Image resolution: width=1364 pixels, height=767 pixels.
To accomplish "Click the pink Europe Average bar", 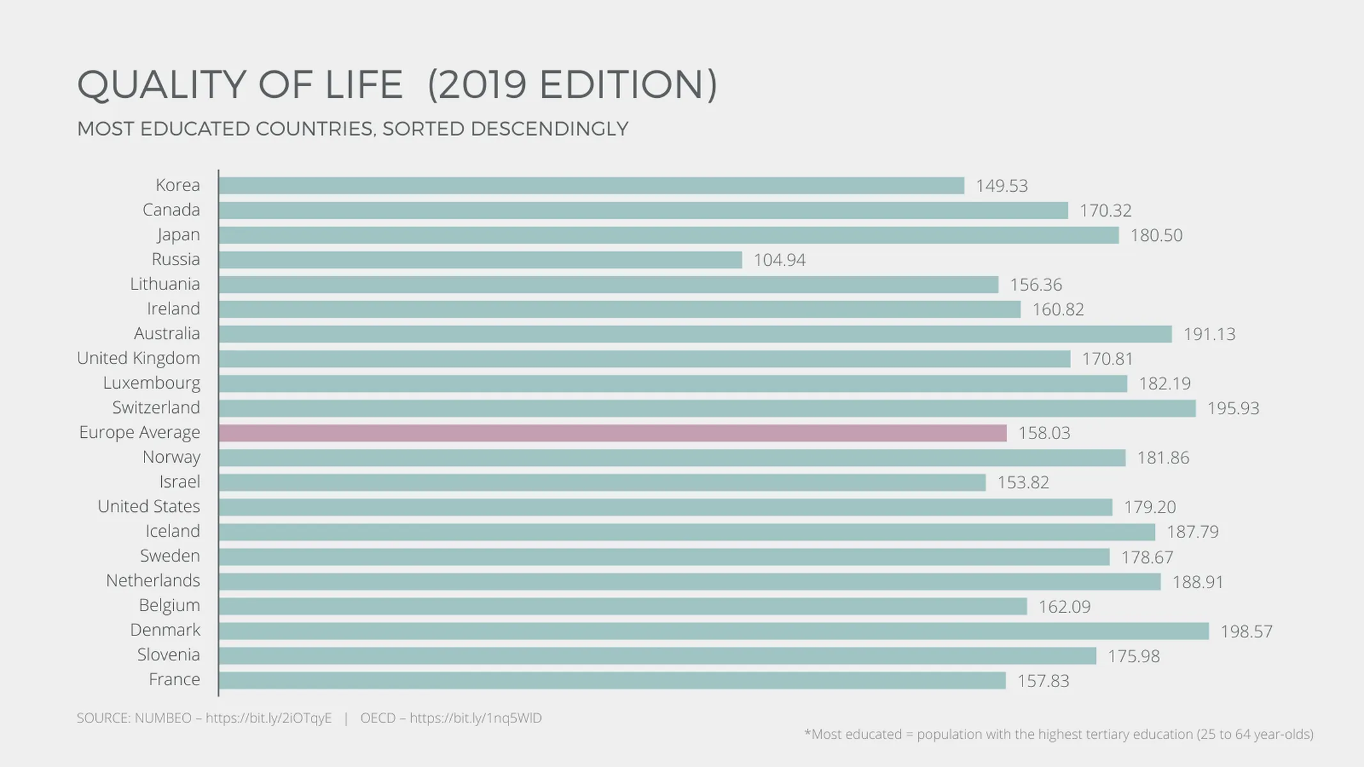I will pyautogui.click(x=612, y=433).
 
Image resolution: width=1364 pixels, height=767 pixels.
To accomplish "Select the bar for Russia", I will pyautogui.click(x=480, y=260).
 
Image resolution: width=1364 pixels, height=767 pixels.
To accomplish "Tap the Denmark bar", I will pyautogui.click(x=713, y=631).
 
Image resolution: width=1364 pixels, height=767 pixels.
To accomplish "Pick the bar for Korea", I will pyautogui.click(x=591, y=186).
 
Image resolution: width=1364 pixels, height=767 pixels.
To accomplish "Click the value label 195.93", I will pyautogui.click(x=1233, y=408).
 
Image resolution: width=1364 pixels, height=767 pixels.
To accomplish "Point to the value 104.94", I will pyautogui.click(x=779, y=260).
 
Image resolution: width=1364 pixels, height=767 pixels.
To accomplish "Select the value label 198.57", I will pyautogui.click(x=1246, y=631).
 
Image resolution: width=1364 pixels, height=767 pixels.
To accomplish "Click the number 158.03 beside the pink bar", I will pyautogui.click(x=1044, y=433).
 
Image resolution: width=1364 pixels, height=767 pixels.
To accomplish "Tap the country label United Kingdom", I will pyautogui.click(x=138, y=359).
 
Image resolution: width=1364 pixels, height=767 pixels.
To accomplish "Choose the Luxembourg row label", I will pyautogui.click(x=152, y=383).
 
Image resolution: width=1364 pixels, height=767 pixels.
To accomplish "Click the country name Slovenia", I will pyautogui.click(x=168, y=655).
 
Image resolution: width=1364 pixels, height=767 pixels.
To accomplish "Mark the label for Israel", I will pyautogui.click(x=180, y=482).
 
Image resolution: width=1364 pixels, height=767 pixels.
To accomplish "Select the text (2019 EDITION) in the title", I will pyautogui.click(x=572, y=85).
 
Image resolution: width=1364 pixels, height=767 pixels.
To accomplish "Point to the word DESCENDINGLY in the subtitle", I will pyautogui.click(x=549, y=129).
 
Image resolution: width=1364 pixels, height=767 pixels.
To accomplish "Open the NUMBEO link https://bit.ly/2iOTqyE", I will pyautogui.click(x=269, y=718).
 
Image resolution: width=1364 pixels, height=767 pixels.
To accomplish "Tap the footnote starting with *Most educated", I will pyautogui.click(x=1058, y=734).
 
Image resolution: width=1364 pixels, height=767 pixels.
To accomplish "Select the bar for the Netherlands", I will pyautogui.click(x=689, y=582).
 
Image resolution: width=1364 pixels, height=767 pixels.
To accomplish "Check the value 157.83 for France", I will pyautogui.click(x=1043, y=681).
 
